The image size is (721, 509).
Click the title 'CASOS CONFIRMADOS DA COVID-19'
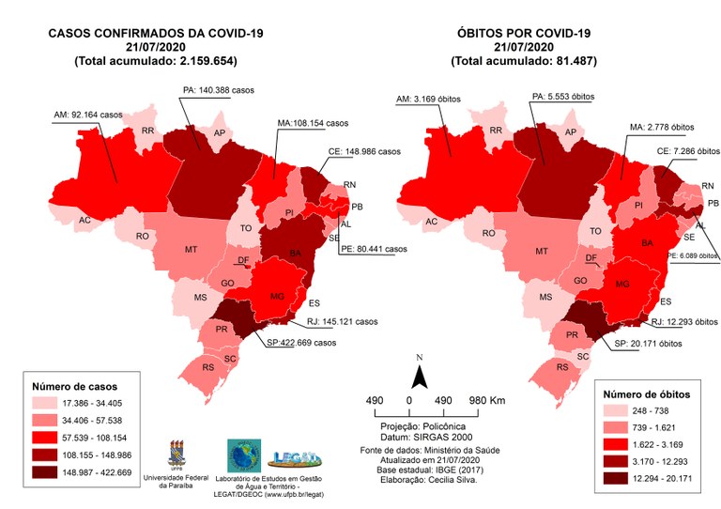pyautogui.click(x=156, y=33)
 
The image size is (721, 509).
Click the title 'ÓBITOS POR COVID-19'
pyautogui.click(x=523, y=33)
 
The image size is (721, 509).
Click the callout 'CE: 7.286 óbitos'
pyautogui.click(x=682, y=151)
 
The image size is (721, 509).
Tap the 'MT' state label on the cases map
pyautogui.click(x=191, y=250)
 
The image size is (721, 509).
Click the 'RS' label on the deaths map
pyautogui.click(x=562, y=367)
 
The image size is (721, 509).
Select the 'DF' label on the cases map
pyautogui.click(x=243, y=260)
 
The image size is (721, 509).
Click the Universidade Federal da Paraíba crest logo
pyautogui.click(x=177, y=454)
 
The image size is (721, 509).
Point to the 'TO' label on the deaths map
pyautogui.click(x=595, y=231)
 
